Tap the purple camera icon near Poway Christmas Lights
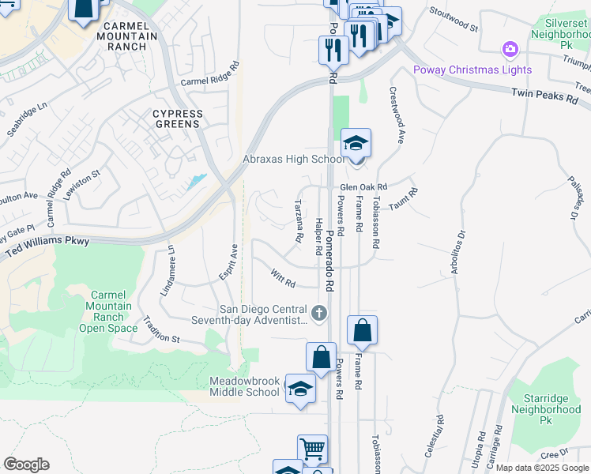[510, 50]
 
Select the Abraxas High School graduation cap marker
[356, 145]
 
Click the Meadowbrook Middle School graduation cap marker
[299, 389]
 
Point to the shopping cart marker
[312, 450]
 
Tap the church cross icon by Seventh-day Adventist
[319, 314]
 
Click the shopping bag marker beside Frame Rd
[362, 331]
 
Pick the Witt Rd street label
[282, 279]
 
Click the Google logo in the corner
[26, 465]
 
